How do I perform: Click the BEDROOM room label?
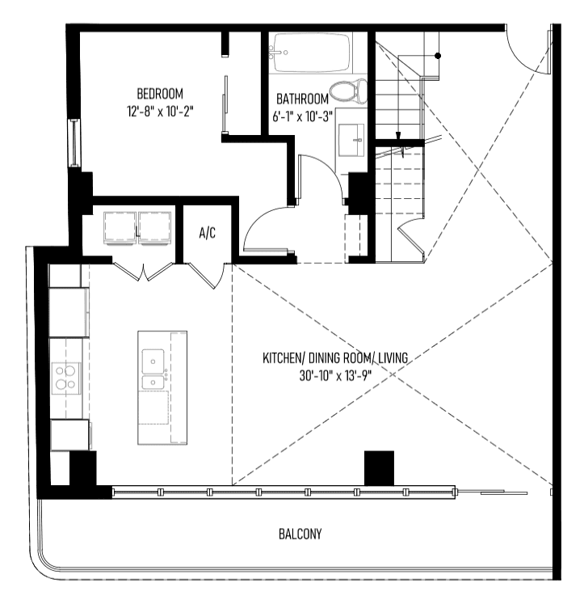[x=160, y=94]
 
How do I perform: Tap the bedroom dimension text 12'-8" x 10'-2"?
[x=160, y=112]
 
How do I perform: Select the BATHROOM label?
[x=302, y=99]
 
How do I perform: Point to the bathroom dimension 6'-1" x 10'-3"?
[x=302, y=116]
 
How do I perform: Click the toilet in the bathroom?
[x=348, y=91]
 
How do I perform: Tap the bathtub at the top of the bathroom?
[x=311, y=53]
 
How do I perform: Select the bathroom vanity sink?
[x=351, y=139]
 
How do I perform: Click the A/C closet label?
[x=208, y=233]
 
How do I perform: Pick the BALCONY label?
[x=300, y=534]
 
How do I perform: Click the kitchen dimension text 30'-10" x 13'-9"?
[x=335, y=376]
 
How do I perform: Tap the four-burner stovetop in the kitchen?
[x=66, y=378]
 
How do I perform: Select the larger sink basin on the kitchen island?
[x=153, y=361]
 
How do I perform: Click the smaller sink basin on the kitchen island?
[x=153, y=383]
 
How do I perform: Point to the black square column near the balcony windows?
[x=379, y=468]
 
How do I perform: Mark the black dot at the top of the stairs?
[x=438, y=56]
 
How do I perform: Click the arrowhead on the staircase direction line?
[x=398, y=136]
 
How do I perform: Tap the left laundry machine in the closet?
[x=120, y=228]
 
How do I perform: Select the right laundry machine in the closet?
[x=154, y=228]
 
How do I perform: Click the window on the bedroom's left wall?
[x=74, y=143]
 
